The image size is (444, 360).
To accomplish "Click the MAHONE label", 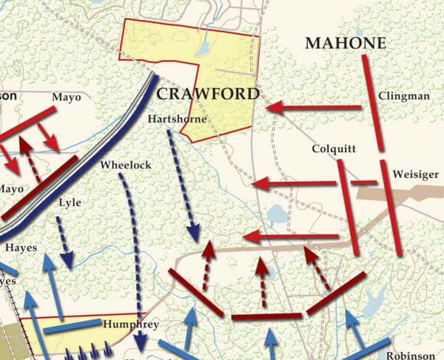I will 346,44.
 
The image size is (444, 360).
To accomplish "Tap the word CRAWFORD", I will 208,94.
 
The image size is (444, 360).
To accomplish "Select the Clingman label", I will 403,96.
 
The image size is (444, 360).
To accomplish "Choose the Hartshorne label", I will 178,118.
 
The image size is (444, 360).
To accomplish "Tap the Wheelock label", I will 125,165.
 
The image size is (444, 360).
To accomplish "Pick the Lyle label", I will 70,203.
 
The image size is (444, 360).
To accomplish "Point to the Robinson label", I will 411,354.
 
